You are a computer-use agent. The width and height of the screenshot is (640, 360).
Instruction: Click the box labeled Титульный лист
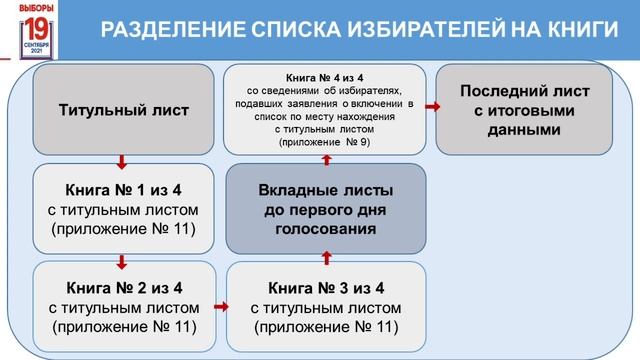[123, 108]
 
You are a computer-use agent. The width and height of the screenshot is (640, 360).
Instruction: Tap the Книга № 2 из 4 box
[123, 307]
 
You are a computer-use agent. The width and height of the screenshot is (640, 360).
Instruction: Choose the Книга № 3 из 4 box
[326, 307]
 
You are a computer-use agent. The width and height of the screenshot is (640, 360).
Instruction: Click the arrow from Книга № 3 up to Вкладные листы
[326, 259]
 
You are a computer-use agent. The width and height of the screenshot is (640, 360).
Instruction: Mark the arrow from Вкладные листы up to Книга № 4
[326, 158]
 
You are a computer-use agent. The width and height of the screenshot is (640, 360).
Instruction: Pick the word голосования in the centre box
[326, 228]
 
